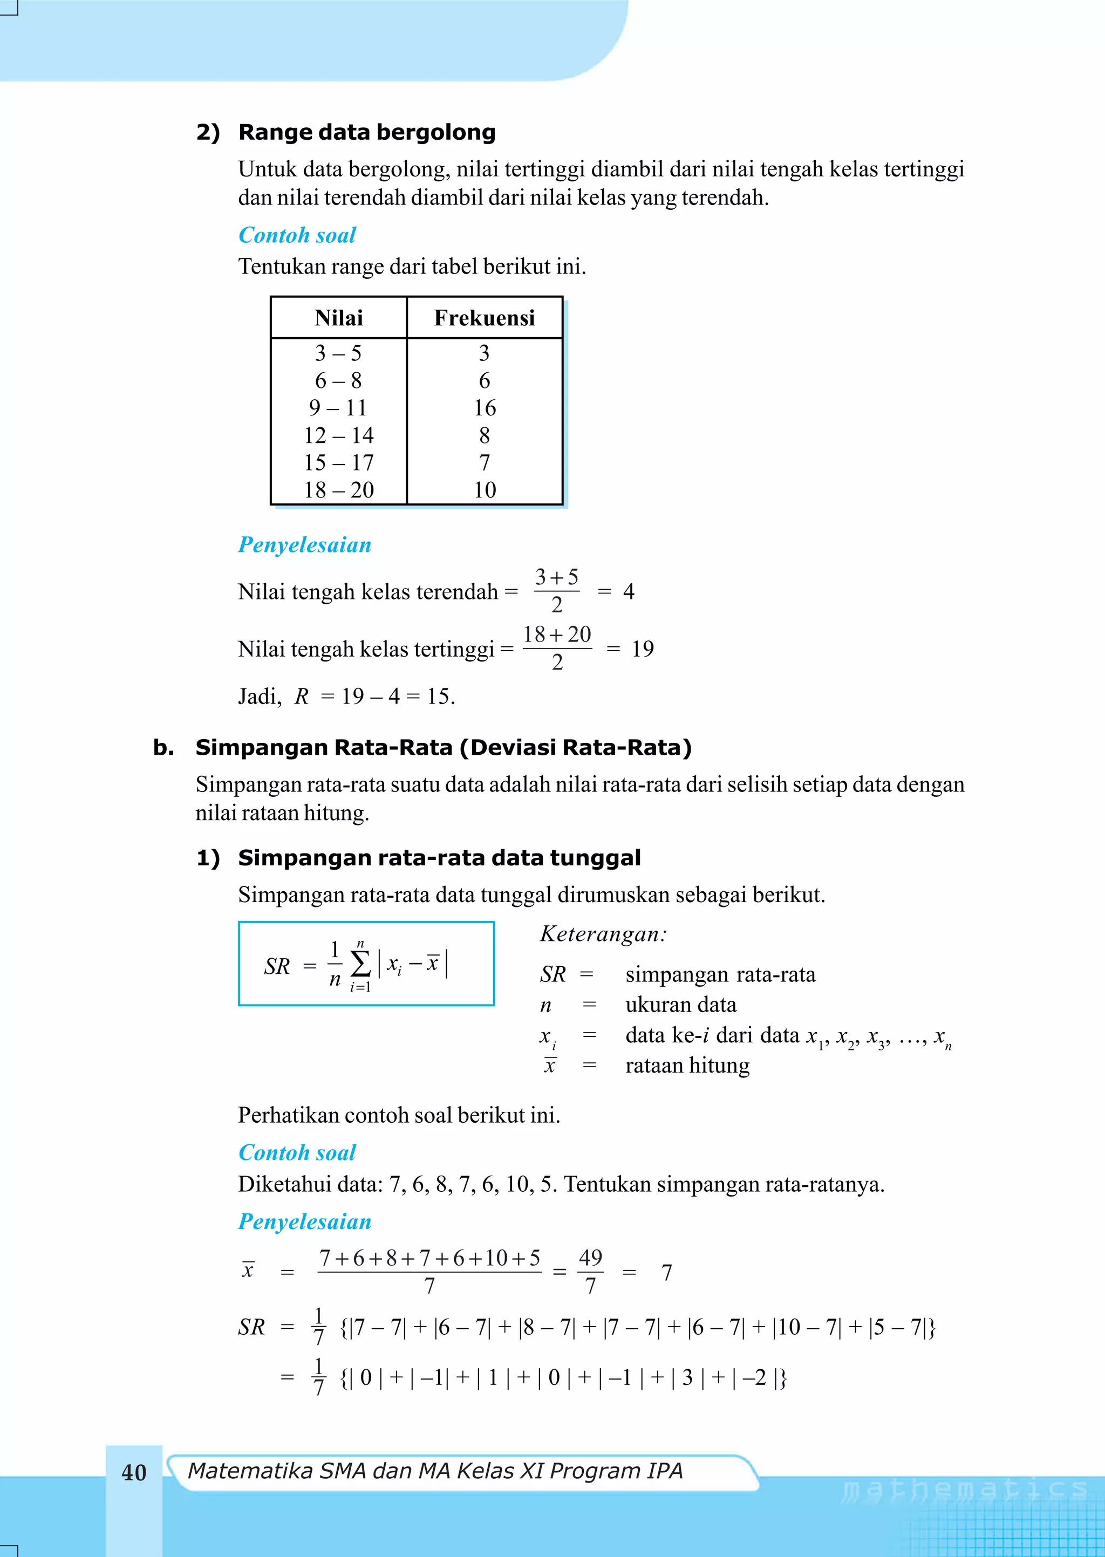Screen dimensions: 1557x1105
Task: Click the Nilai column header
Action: [338, 318]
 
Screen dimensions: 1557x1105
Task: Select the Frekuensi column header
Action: [484, 318]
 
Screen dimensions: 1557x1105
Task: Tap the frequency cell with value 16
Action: [485, 407]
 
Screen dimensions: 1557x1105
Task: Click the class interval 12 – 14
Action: [338, 435]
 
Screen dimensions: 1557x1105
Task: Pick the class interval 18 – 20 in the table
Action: [338, 490]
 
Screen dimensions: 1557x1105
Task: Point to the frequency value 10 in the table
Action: [485, 490]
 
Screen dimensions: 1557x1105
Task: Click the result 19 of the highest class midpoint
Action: [642, 649]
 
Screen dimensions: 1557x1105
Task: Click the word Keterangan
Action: [603, 934]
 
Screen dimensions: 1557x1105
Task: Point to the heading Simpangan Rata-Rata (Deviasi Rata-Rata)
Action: [443, 748]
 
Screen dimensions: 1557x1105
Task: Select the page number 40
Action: [134, 1473]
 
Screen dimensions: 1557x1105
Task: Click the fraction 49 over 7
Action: [590, 1271]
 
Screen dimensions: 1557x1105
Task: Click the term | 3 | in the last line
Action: [687, 1378]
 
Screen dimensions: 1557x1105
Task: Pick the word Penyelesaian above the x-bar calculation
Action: [304, 1221]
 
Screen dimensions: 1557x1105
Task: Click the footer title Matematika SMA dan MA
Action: [434, 1471]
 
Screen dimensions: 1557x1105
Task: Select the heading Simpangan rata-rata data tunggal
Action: [439, 858]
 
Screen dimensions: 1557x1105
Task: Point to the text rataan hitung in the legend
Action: [687, 1065]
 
